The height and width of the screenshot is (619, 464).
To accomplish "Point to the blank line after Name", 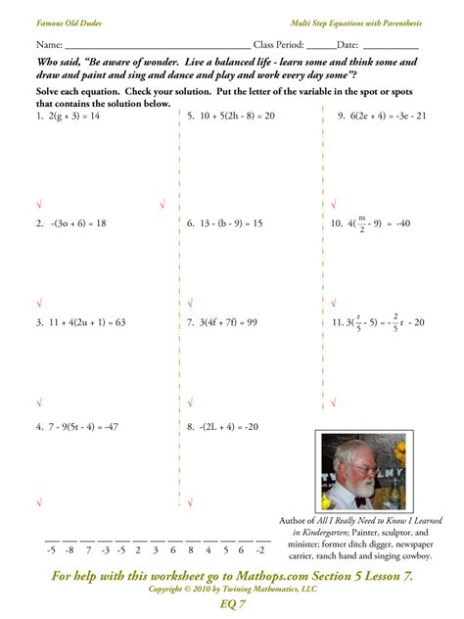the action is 157,45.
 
